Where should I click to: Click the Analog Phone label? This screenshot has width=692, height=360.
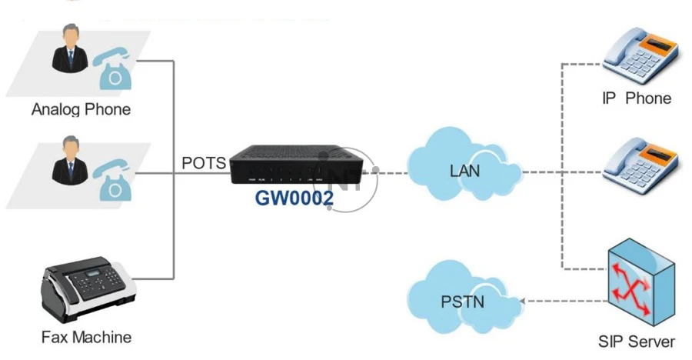tap(81, 109)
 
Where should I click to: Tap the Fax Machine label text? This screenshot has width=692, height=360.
tap(86, 337)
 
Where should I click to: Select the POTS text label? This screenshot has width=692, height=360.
tap(204, 163)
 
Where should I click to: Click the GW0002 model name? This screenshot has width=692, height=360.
tap(294, 199)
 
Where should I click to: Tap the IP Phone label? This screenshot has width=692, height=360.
tap(636, 98)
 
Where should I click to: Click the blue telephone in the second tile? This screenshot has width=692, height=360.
tap(112, 180)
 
